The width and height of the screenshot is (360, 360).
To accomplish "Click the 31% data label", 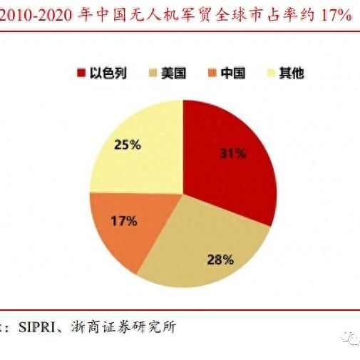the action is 232,153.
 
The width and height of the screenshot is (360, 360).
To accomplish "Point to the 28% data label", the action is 220,259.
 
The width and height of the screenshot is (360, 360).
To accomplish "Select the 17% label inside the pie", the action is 124,221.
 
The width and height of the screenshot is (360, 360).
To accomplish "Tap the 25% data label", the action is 128,145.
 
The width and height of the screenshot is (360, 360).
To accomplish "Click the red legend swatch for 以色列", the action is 81,73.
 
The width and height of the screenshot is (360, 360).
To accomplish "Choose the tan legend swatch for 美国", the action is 153,73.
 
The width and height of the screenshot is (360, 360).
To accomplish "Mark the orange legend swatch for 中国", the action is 212,73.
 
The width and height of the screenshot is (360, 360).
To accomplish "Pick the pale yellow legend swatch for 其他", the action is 271,73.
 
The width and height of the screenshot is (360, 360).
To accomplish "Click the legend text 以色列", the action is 108,73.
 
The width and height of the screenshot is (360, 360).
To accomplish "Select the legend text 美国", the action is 174,73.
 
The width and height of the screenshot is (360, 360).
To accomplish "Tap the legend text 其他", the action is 292,73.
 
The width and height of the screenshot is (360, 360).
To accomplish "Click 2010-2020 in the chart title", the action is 36,16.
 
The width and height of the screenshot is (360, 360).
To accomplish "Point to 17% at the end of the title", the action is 336,16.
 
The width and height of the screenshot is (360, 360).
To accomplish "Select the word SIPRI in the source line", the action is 37,327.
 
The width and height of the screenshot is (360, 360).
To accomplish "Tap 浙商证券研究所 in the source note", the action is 123,327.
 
